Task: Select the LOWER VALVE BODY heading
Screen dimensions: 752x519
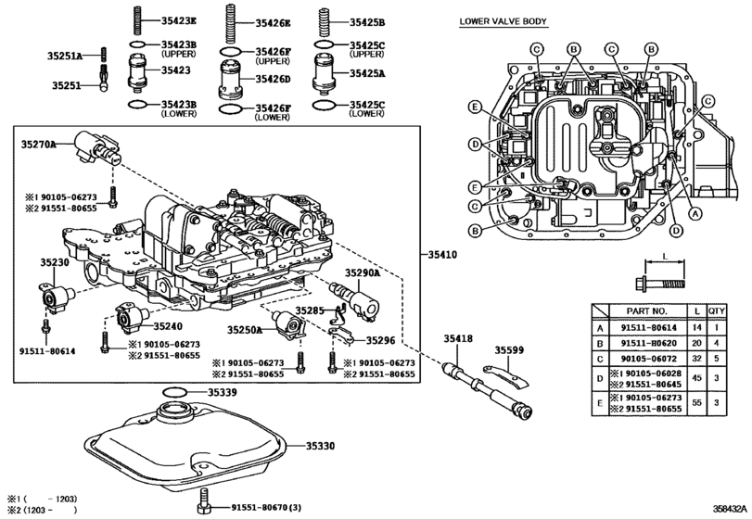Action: [503, 21]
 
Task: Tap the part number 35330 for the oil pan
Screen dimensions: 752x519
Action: [321, 446]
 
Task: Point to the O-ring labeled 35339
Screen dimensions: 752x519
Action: [174, 392]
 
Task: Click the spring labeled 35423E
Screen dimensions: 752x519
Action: [136, 20]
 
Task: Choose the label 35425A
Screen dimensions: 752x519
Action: [367, 73]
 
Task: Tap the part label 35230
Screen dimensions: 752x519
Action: [54, 262]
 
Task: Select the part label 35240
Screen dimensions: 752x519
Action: [168, 326]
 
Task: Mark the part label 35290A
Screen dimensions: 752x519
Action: [363, 273]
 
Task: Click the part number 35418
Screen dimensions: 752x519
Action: [457, 339]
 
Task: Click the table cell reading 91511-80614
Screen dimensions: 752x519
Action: [648, 328]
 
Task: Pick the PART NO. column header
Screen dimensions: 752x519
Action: [646, 311]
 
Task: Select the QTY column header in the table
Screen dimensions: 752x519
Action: [717, 311]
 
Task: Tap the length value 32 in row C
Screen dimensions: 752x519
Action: [697, 359]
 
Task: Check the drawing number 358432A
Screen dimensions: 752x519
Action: [729, 509]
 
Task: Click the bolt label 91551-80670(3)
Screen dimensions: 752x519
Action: [266, 508]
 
